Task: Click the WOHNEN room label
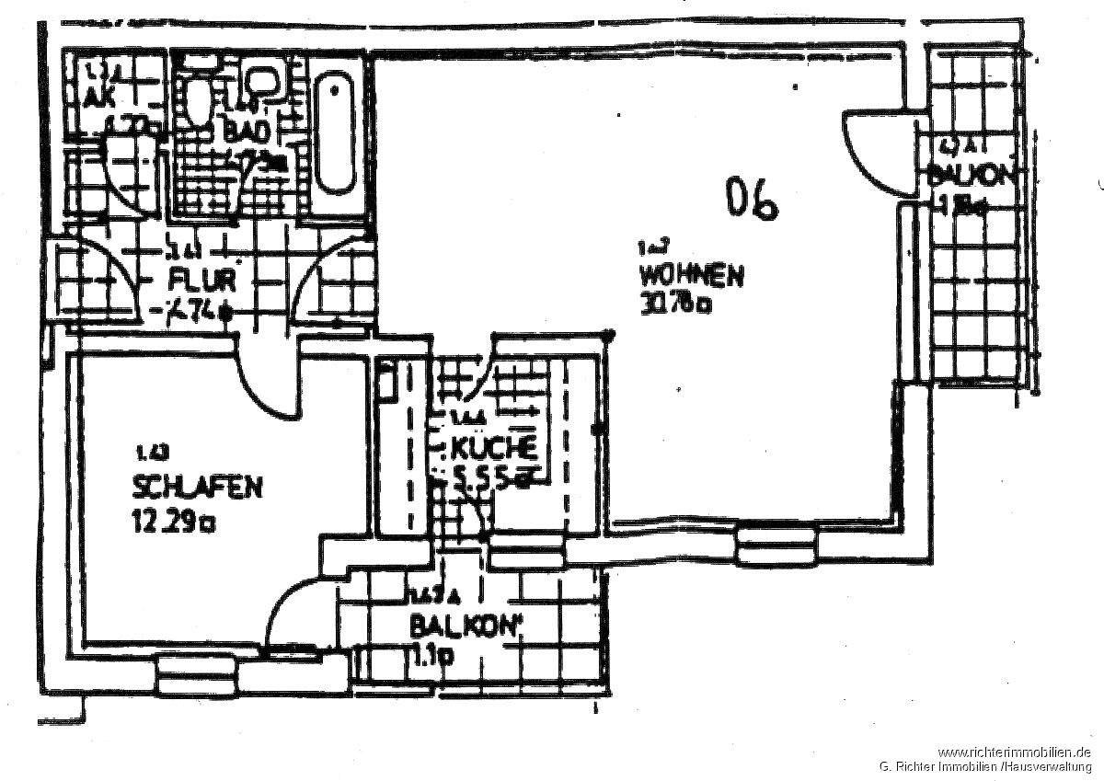click(692, 275)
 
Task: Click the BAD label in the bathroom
click(247, 131)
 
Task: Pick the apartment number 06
click(752, 200)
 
